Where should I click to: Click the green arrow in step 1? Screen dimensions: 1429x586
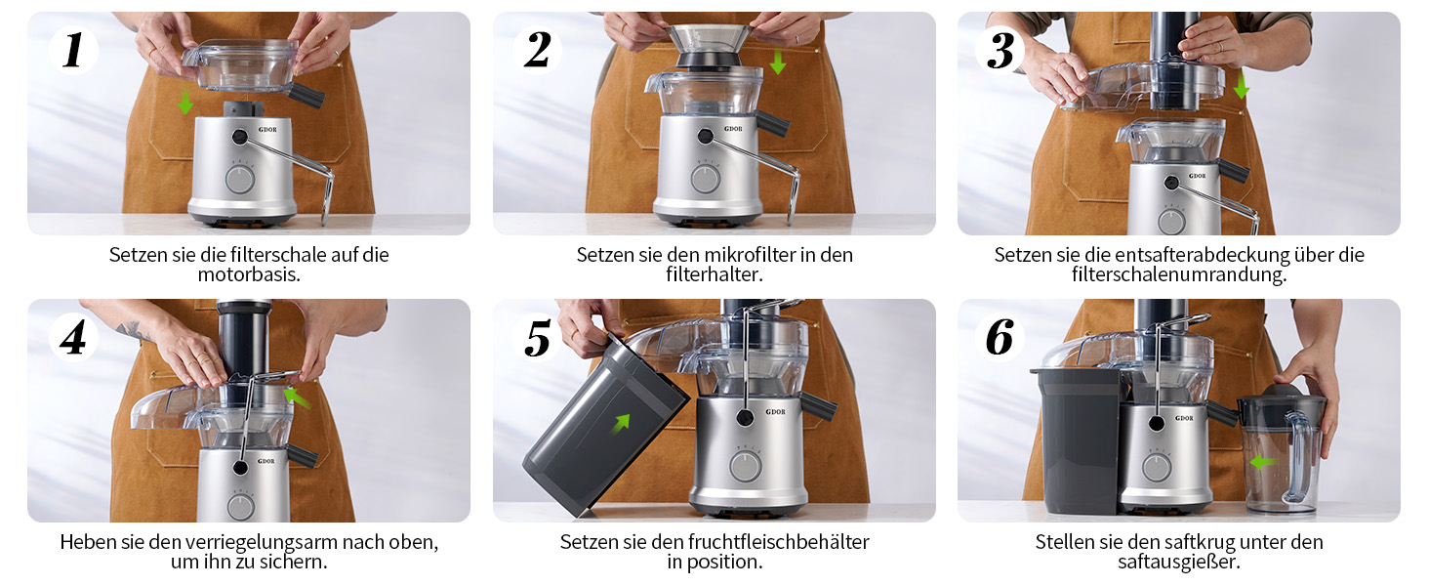tap(185, 102)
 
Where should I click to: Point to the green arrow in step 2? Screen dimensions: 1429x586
tap(777, 62)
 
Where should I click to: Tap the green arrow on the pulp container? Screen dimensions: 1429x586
tap(621, 423)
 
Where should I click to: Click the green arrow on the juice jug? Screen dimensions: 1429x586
tap(1262, 462)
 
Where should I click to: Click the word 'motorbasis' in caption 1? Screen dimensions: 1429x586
tap(248, 275)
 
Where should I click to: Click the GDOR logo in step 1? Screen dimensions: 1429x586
tap(267, 130)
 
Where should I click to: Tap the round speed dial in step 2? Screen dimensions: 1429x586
tap(706, 180)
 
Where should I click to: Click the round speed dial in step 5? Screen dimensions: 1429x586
tap(744, 467)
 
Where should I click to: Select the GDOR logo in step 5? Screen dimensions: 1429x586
tap(776, 412)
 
